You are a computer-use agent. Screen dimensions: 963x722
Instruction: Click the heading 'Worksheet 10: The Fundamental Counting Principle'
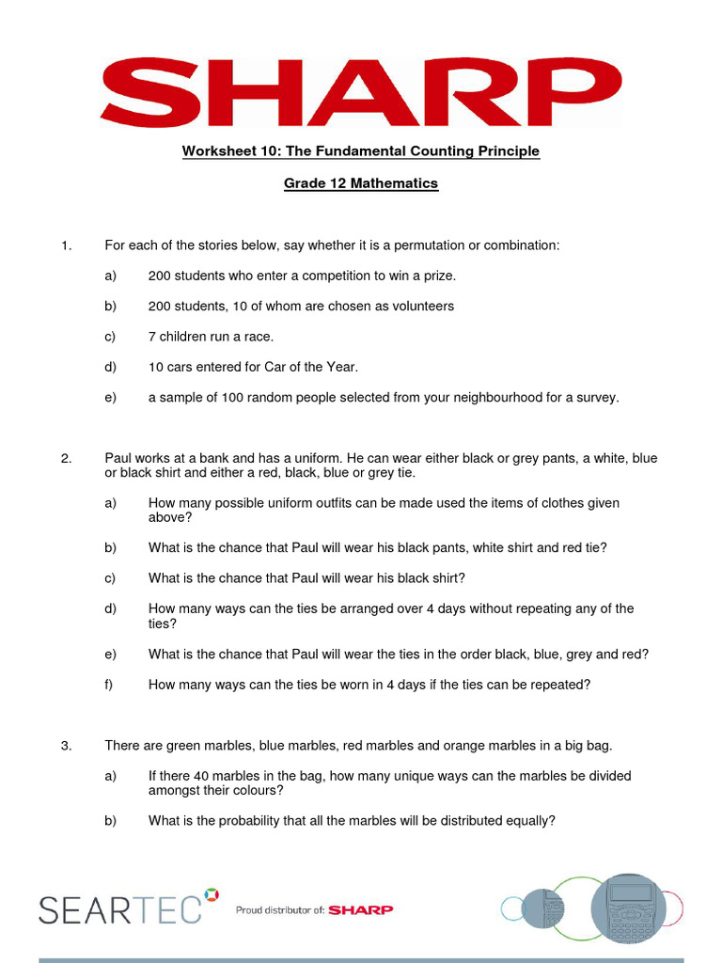pyautogui.click(x=361, y=151)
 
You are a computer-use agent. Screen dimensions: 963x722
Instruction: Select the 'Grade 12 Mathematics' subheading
pyautogui.click(x=361, y=183)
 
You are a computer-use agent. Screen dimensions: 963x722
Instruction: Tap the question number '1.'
pyautogui.click(x=66, y=245)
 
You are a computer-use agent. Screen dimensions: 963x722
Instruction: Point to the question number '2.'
pyautogui.click(x=66, y=459)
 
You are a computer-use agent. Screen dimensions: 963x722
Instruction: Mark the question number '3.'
pyautogui.click(x=66, y=746)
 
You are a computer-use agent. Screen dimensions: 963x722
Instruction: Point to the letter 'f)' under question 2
pyautogui.click(x=109, y=685)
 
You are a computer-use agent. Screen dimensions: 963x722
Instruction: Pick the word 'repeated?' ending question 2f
pyautogui.click(x=561, y=685)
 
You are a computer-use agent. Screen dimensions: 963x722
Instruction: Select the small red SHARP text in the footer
pyautogui.click(x=361, y=910)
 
